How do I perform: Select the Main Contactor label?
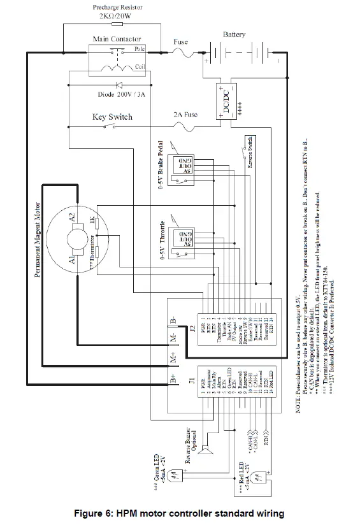[x=117, y=39]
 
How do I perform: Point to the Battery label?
[x=234, y=34]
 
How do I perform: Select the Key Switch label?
[x=112, y=117]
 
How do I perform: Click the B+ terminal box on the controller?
[x=174, y=380]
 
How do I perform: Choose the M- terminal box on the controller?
[x=174, y=336]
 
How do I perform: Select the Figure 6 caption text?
[x=179, y=513]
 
